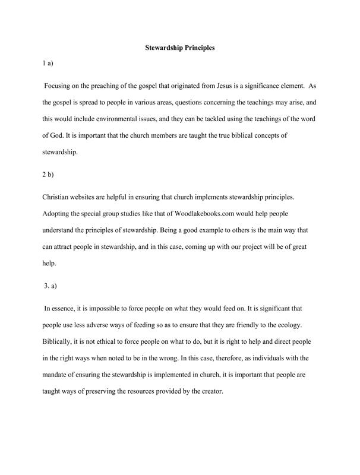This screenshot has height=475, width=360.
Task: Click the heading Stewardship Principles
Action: (180, 47)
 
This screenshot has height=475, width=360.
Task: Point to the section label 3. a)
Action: (50, 286)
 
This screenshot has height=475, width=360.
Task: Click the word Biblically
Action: (58, 342)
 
